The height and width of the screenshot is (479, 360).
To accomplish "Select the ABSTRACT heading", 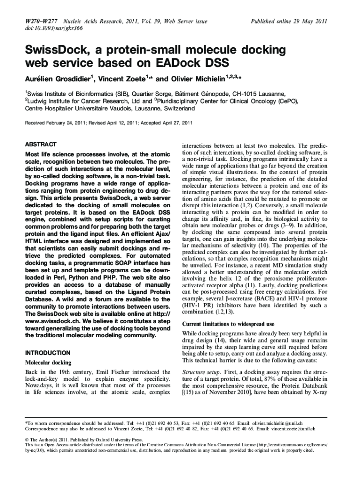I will (41, 144).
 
